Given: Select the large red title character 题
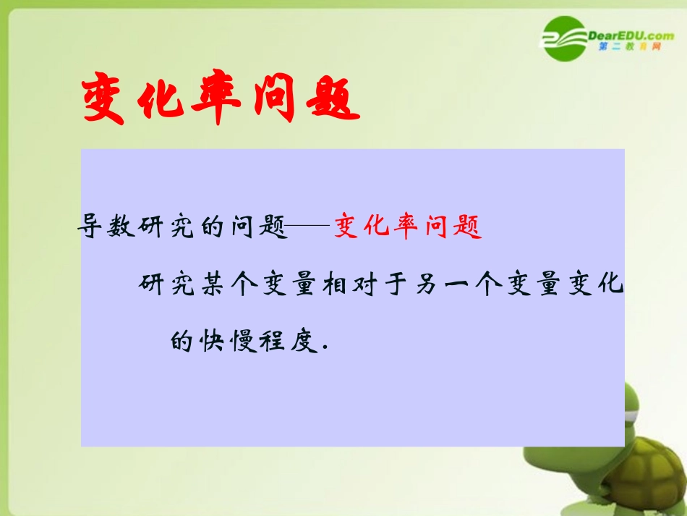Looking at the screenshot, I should click(330, 101).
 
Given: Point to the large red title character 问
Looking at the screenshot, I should click(271, 101).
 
